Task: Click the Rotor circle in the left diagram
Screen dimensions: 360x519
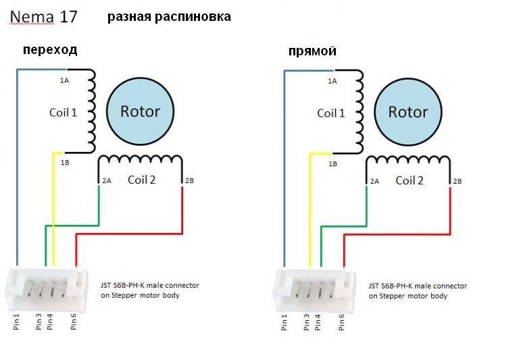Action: click(140, 111)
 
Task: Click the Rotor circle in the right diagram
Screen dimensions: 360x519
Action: click(407, 111)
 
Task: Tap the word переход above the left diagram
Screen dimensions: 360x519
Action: click(50, 49)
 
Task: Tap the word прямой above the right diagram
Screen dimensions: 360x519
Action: click(312, 51)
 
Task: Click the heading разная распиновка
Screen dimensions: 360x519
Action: click(169, 17)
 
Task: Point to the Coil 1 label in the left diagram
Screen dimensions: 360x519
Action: click(64, 112)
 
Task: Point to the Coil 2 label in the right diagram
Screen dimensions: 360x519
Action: click(410, 180)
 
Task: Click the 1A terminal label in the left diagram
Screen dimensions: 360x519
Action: click(64, 80)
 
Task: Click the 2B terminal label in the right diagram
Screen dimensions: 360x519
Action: click(458, 181)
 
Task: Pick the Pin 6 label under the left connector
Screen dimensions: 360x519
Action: click(74, 322)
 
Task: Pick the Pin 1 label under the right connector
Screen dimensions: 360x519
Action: click(285, 322)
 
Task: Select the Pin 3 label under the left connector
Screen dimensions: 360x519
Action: click(38, 322)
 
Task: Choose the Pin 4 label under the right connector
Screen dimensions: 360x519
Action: click(318, 322)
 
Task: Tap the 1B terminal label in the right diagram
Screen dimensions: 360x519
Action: click(332, 163)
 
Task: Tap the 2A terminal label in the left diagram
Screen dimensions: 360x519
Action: click(107, 181)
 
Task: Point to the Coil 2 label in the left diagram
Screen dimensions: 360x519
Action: click(142, 180)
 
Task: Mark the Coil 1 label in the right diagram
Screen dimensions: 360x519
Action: click(331, 112)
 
